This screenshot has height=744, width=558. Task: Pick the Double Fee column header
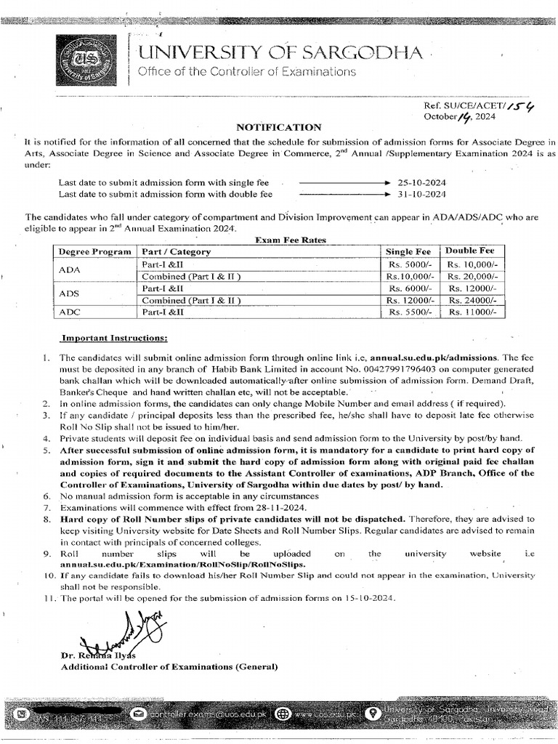pyautogui.click(x=470, y=251)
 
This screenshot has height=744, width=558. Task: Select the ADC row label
pyautogui.click(x=70, y=312)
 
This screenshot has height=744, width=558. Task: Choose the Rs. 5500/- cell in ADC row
pyautogui.click(x=411, y=312)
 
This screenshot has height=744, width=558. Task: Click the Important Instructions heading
pyautogui.click(x=114, y=339)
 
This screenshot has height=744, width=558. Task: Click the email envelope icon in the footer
pyautogui.click(x=137, y=713)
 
